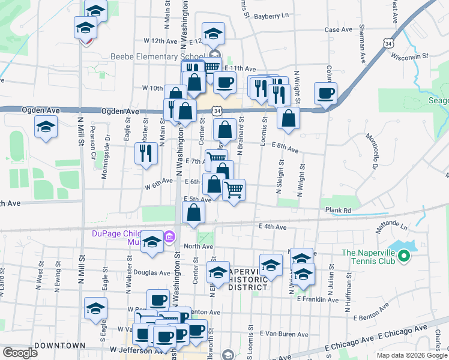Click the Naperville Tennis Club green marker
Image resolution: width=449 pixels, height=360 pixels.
[x=403, y=257]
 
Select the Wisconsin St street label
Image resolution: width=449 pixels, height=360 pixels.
[x=409, y=56]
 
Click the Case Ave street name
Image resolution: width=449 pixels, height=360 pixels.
[x=338, y=29]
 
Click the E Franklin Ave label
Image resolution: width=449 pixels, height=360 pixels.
[x=318, y=299]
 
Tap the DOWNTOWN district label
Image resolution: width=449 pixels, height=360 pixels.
[x=59, y=346]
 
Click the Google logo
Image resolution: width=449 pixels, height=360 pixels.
[x=20, y=353]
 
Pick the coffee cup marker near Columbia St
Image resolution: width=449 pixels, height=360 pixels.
[x=325, y=94]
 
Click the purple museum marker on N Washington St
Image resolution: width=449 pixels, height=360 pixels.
[x=169, y=238]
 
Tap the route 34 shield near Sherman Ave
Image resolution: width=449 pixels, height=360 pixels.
[x=390, y=44]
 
